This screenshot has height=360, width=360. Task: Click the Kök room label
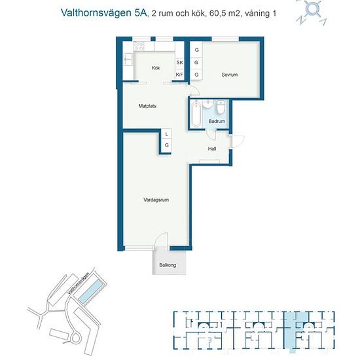click(156, 68)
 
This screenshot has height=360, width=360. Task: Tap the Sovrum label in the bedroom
click(230, 75)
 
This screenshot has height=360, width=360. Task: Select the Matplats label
click(147, 106)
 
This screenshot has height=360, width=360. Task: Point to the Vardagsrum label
click(156, 200)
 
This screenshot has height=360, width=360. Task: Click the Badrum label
click(217, 121)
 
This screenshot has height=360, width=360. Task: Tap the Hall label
click(212, 149)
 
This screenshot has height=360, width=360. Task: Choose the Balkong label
click(168, 265)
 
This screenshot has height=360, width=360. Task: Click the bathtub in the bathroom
click(196, 114)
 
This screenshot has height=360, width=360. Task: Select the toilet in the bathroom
click(221, 107)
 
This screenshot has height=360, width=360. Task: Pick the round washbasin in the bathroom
click(208, 104)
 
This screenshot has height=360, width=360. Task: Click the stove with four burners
click(139, 46)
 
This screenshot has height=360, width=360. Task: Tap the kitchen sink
click(128, 60)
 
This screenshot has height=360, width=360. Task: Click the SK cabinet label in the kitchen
click(179, 62)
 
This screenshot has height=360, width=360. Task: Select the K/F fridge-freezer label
click(179, 75)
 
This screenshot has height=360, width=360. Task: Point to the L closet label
click(167, 134)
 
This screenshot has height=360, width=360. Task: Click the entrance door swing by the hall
click(238, 141)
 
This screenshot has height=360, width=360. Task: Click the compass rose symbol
click(312, 12)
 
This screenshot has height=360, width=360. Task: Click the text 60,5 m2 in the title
click(225, 13)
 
